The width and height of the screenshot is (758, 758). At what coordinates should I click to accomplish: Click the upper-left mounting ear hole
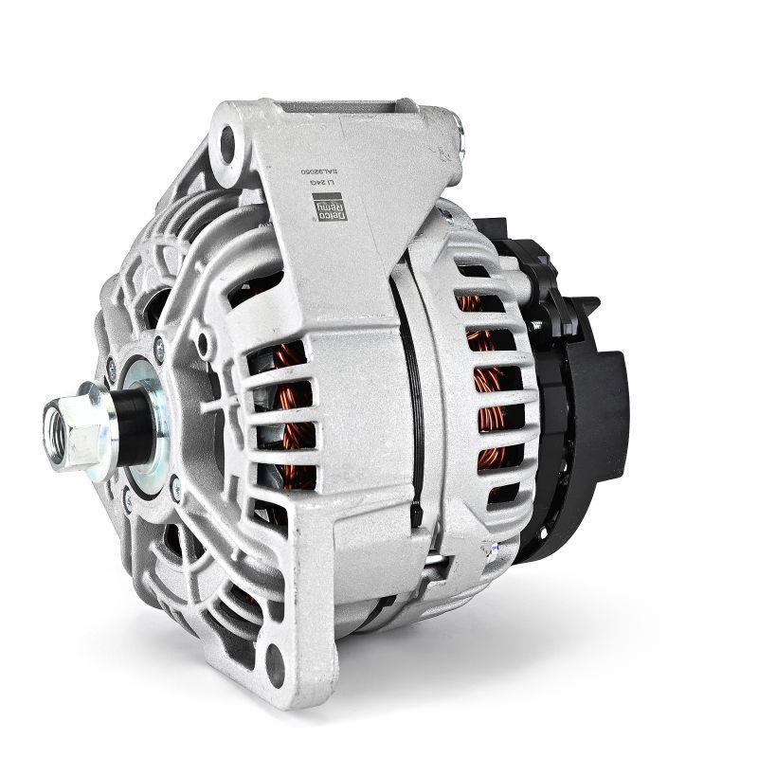click(x=226, y=144)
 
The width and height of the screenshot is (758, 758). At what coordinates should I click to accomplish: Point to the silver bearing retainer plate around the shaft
click(x=156, y=422)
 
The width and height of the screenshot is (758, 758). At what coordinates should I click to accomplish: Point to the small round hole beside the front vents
click(x=201, y=338)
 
